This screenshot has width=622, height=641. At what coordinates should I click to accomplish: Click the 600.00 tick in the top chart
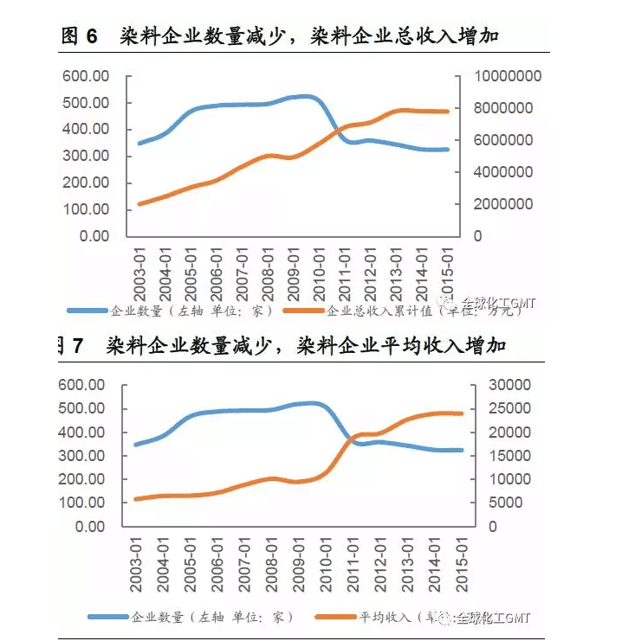pyautogui.click(x=86, y=76)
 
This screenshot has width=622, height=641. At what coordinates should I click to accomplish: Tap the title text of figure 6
pyautogui.click(x=282, y=35)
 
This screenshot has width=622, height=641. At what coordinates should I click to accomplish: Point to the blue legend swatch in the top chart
pyautogui.click(x=87, y=310)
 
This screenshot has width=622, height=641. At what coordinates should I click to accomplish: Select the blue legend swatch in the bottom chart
pyautogui.click(x=108, y=617)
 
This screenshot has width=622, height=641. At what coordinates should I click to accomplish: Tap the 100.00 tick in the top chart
pyautogui.click(x=86, y=209)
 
